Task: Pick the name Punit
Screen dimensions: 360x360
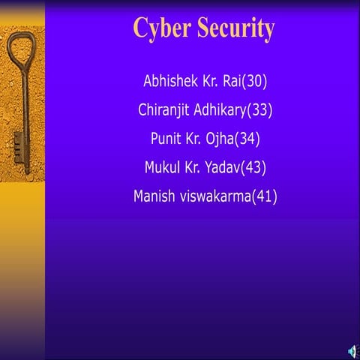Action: [166, 139]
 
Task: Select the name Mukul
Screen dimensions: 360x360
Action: [164, 167]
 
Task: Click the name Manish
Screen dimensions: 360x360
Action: [154, 196]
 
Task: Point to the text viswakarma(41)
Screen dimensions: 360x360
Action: [229, 196]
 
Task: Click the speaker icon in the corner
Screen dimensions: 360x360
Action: [352, 351]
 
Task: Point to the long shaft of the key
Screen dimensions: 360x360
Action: [25, 112]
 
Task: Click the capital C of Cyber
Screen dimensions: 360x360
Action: [140, 28]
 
